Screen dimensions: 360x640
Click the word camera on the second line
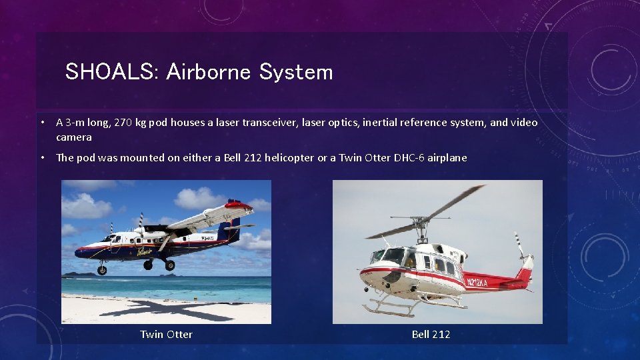(x=74, y=137)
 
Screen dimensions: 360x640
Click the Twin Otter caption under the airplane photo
(x=166, y=334)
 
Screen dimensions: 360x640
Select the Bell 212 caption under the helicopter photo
(x=431, y=334)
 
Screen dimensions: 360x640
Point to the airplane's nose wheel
(x=102, y=270)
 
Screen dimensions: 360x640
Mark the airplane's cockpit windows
(x=109, y=238)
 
